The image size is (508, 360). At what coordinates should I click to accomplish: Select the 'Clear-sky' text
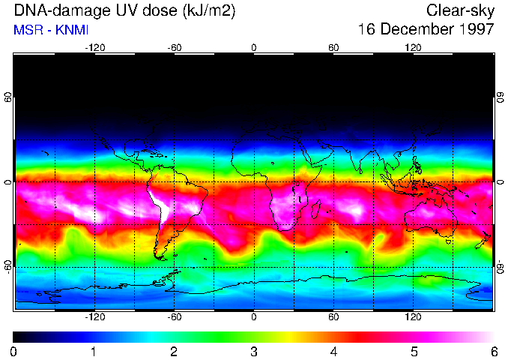[x=460, y=10]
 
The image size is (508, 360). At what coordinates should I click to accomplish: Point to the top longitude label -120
[x=94, y=47]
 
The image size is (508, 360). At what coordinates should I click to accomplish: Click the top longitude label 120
[x=413, y=47]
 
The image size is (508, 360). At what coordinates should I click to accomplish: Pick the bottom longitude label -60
[x=174, y=317]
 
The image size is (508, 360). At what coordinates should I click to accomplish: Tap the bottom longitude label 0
[x=254, y=317]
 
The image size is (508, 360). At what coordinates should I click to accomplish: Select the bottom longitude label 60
[x=333, y=317]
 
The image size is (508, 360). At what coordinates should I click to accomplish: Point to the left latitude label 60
[x=8, y=97]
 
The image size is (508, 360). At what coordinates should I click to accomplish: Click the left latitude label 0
[x=8, y=182]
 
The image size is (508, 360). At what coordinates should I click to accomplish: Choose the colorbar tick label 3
[x=253, y=351]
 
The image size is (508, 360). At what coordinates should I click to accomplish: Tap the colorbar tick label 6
[x=493, y=351]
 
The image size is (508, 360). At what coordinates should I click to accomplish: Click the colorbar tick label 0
[x=13, y=351]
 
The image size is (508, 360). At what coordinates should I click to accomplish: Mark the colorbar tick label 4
[x=333, y=351]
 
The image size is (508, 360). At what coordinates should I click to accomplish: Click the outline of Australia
[x=431, y=217]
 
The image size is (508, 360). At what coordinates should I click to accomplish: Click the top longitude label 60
[x=333, y=47]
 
